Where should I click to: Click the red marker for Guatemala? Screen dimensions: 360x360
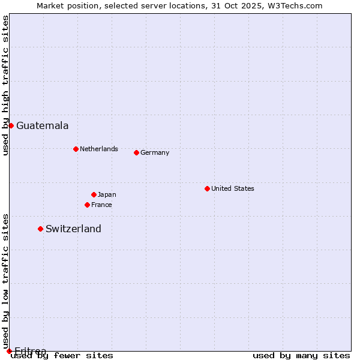point(11,125)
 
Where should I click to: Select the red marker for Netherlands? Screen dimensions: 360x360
point(76,149)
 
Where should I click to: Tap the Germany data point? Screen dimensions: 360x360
point(136,152)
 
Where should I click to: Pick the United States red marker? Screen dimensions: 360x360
point(207,188)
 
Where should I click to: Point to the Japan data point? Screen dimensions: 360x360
point(94,194)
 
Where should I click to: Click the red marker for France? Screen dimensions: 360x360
point(87,205)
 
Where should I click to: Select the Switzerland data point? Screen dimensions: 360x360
point(40,229)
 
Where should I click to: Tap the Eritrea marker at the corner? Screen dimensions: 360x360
point(9,351)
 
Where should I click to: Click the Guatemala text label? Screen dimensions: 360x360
point(42,126)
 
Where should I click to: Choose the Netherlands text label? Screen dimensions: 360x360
point(98,149)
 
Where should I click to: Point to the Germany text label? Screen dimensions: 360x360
point(155,152)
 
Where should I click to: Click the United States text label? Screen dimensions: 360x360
point(232,188)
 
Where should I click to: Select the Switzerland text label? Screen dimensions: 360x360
point(73,229)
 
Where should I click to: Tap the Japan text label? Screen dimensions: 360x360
point(107,194)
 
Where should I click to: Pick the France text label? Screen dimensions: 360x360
point(101,205)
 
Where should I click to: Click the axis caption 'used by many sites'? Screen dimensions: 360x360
point(301,355)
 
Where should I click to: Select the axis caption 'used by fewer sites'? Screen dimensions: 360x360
point(62,355)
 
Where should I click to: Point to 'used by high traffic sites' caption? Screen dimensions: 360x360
point(5,85)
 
